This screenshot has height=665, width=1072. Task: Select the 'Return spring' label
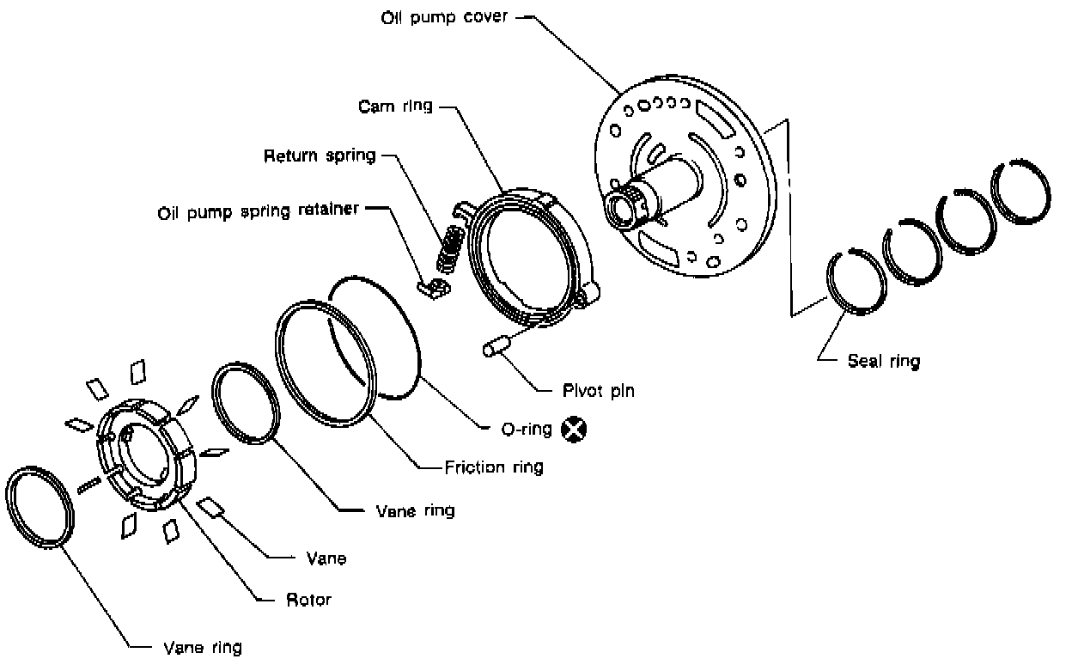point(320,156)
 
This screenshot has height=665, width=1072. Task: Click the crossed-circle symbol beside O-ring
point(571,428)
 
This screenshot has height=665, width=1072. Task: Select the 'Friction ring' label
point(494,468)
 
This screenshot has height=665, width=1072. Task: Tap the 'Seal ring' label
point(883,362)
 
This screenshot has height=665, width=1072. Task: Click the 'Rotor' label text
point(308,600)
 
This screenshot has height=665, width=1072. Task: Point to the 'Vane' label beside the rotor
point(326,558)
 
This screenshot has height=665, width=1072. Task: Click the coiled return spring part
point(450,245)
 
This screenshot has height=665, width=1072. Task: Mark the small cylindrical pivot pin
point(496,348)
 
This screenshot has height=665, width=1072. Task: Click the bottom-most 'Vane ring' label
point(202,647)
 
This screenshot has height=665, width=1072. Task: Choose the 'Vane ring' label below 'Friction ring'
point(416,510)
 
